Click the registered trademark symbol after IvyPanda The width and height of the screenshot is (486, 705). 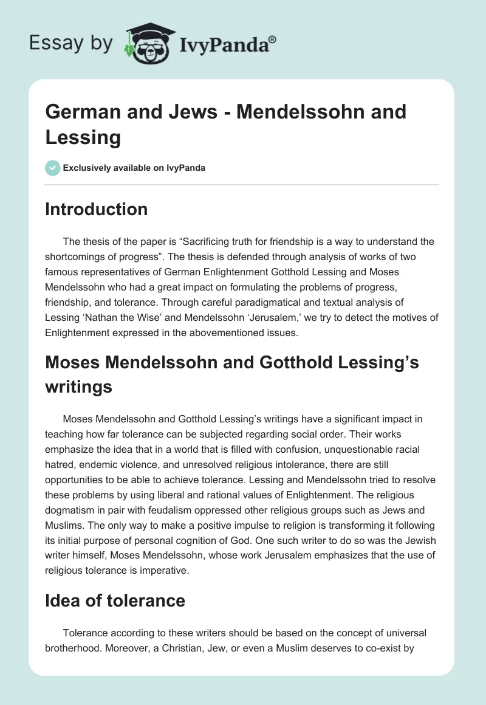(273, 40)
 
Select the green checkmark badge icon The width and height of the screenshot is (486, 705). (53, 168)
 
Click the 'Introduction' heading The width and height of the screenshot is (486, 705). (97, 210)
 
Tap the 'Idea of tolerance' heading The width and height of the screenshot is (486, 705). (115, 600)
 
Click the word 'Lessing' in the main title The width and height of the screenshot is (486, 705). (83, 137)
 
